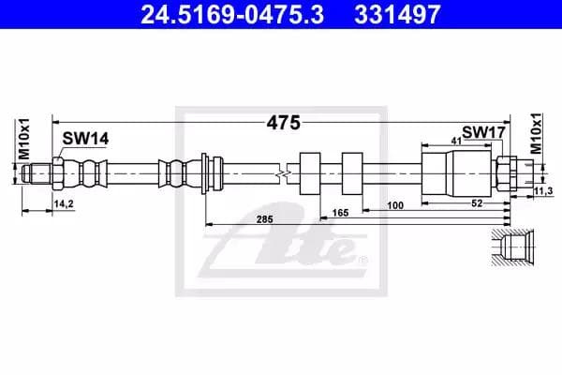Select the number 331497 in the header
pyautogui.click(x=388, y=14)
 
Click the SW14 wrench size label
pyautogui.click(x=85, y=138)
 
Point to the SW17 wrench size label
pyautogui.click(x=483, y=133)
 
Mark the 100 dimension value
pyautogui.click(x=394, y=204)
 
